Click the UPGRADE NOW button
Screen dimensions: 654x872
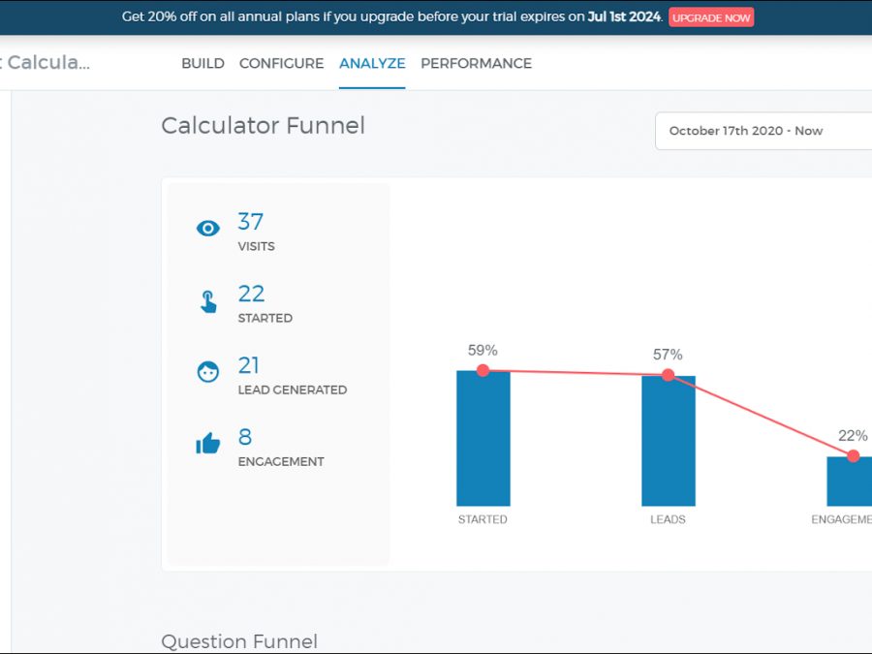coord(710,17)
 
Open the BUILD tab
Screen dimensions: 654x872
coord(202,63)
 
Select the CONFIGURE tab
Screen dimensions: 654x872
coord(281,63)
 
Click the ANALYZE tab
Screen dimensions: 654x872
coord(372,63)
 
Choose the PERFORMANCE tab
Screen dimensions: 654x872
coord(476,63)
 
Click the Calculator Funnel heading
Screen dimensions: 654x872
coord(263,126)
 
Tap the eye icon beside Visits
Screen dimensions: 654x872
coord(208,229)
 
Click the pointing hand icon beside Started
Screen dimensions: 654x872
coord(208,301)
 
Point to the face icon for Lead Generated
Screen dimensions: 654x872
coord(208,372)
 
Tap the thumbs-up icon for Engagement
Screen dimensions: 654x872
coord(208,444)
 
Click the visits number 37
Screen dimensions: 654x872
coord(250,222)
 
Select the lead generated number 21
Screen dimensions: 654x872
coord(249,365)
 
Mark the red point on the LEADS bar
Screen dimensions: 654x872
coord(668,375)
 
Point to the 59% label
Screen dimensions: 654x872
coord(482,350)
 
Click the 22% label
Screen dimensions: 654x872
coord(853,436)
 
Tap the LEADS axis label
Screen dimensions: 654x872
coord(668,519)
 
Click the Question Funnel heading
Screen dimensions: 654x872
coord(239,641)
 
